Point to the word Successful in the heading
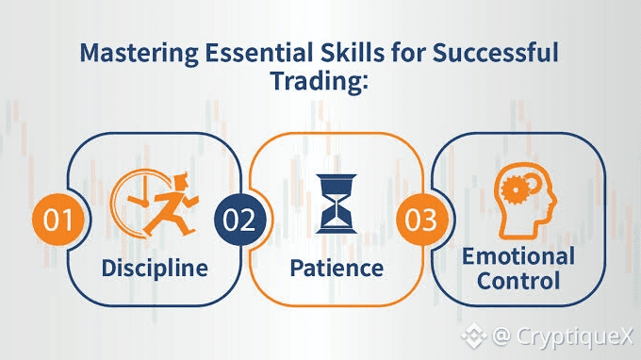click(x=495, y=53)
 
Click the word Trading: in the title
click(x=320, y=81)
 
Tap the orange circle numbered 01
click(x=58, y=220)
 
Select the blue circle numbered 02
click(x=240, y=220)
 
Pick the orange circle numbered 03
click(x=422, y=220)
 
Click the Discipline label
click(x=155, y=269)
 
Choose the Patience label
click(x=337, y=268)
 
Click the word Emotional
click(x=518, y=256)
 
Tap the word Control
click(x=518, y=281)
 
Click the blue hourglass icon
click(x=336, y=204)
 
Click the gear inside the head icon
click(x=516, y=189)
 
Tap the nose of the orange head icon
click(x=554, y=200)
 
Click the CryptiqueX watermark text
click(x=574, y=336)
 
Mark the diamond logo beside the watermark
click(x=474, y=335)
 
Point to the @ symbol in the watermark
click(x=501, y=335)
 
